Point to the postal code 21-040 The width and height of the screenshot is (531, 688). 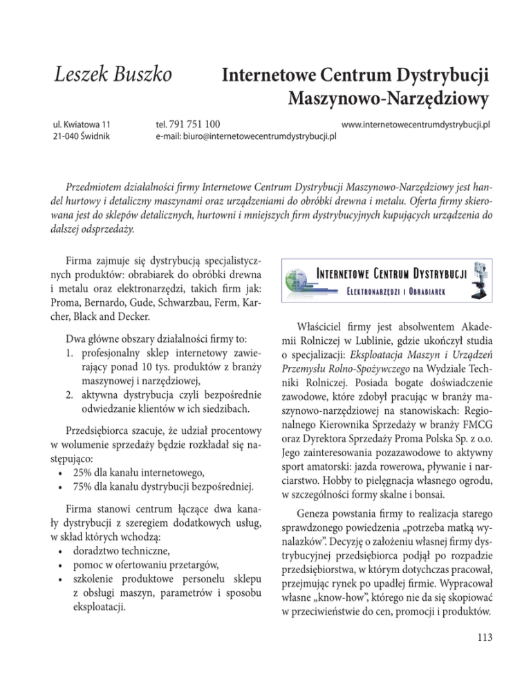pos(66,138)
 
